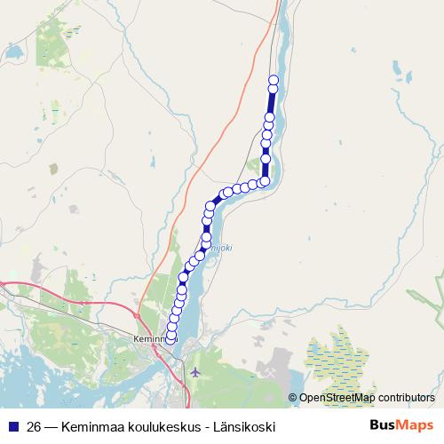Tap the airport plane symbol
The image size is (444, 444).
195,371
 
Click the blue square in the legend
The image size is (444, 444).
12,426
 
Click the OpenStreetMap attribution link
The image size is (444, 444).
337,398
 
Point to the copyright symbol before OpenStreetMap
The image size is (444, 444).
292,398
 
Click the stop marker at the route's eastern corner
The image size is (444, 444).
265,181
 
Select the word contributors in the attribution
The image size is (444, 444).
406,398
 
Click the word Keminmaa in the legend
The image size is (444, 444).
94,426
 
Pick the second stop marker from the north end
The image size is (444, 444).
274,89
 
